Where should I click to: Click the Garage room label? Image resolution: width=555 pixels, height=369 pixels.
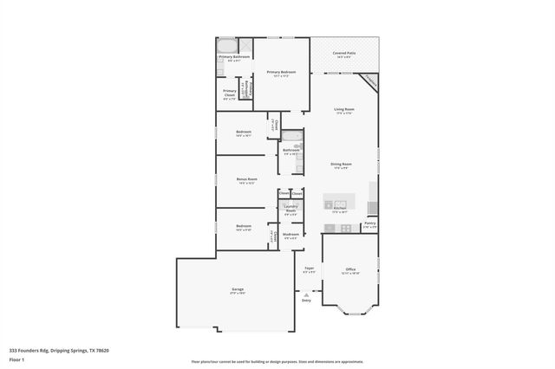pos(237,289)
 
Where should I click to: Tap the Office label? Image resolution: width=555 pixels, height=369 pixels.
pos(350,269)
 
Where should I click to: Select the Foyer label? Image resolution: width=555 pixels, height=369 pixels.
pos(308,269)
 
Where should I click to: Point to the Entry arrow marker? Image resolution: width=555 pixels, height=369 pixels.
pos(305,294)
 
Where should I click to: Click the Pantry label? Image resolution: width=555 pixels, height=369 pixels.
pos(369,223)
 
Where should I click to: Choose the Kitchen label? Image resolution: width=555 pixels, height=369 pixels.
pos(340,208)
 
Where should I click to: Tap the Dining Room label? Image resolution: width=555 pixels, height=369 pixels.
pos(341,165)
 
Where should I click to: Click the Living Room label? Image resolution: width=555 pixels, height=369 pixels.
pos(344,110)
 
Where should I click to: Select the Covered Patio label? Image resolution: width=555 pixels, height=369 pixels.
pos(344,54)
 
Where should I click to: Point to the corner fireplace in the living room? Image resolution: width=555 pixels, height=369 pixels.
pos(370,80)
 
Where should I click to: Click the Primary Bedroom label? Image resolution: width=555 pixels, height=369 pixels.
pos(281,73)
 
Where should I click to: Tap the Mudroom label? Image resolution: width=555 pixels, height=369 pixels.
pos(291,234)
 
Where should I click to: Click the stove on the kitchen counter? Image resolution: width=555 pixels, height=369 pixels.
pos(345,228)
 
